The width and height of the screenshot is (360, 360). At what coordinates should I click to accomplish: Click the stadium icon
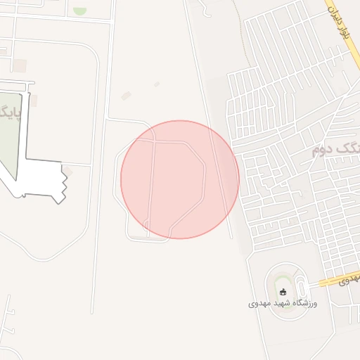coord(283,292)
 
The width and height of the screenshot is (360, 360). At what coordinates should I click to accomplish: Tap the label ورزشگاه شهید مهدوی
coord(283,304)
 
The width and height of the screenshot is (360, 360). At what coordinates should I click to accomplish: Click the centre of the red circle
coord(180,179)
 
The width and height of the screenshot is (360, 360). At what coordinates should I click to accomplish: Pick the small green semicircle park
coord(79,11)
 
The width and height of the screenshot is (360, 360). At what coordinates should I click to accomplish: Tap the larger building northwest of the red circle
coord(127,96)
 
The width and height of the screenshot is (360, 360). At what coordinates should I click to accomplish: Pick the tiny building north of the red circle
coord(156,85)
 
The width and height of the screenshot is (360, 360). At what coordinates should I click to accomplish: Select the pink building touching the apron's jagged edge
coord(68,172)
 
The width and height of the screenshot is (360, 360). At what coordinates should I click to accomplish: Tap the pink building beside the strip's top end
coord(33,101)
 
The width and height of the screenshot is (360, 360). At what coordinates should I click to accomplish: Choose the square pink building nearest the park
coord(20,65)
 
